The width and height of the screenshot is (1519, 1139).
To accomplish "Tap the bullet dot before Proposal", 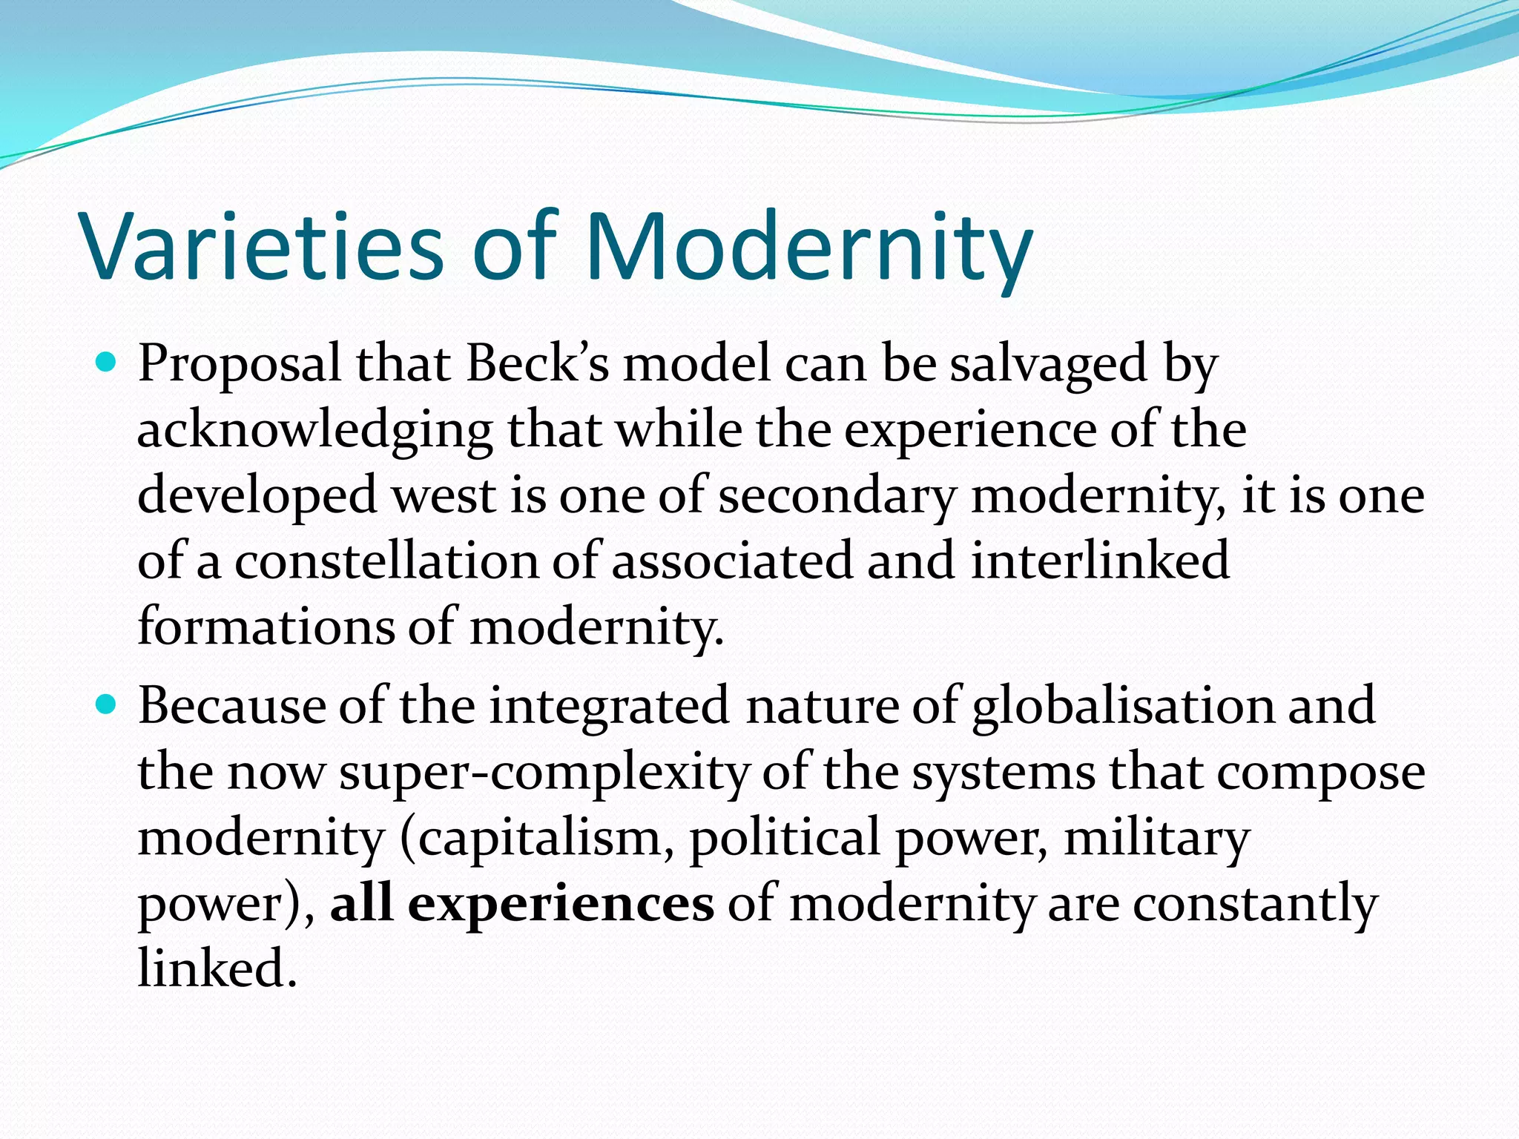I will pos(107,363).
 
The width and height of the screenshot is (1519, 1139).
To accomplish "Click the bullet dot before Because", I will pos(107,705).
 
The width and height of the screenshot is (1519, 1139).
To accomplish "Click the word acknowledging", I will pos(315,430).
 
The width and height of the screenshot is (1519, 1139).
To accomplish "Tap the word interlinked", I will pos(1100,561).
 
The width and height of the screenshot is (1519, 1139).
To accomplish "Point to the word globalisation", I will pos(1122,705).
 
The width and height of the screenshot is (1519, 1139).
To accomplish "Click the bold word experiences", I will pos(561,903).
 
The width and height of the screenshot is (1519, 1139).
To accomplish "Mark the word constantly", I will pos(1255,903).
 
